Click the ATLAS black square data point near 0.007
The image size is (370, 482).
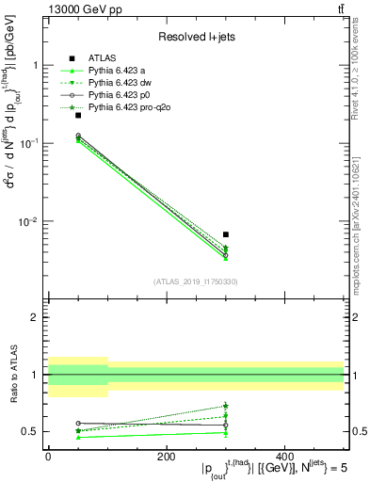pos(226,234)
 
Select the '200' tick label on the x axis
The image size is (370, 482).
pos(166,458)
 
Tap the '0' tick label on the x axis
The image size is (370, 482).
pos(48,458)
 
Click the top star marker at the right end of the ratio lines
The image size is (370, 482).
pos(226,407)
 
